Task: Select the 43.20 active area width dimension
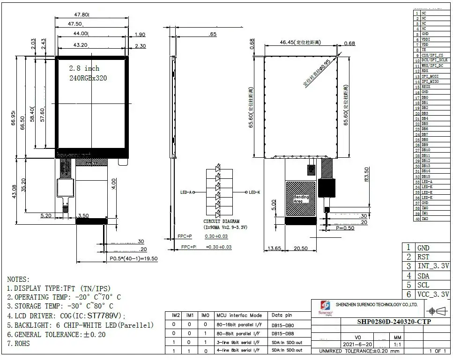click(x=81, y=45)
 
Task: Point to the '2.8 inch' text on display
click(x=84, y=68)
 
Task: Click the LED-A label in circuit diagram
click(x=186, y=192)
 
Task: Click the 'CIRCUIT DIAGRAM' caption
click(x=222, y=221)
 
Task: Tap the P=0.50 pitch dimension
click(x=345, y=228)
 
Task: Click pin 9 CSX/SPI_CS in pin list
click(x=432, y=55)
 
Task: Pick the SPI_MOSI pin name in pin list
click(x=430, y=76)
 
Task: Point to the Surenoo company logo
click(x=325, y=307)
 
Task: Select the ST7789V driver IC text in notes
click(x=104, y=316)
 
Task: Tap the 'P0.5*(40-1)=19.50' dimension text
click(x=134, y=258)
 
